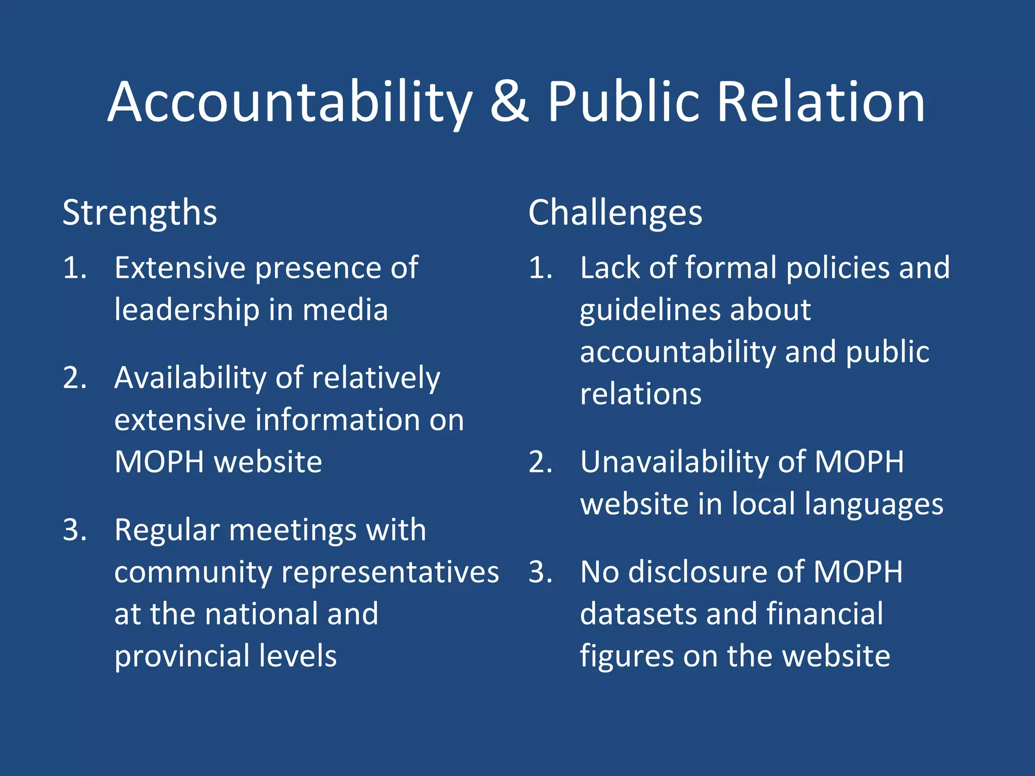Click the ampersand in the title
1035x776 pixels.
point(509,102)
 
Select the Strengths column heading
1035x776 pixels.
point(139,213)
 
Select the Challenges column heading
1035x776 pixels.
point(615,213)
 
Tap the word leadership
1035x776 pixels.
point(186,310)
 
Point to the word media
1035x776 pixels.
point(345,310)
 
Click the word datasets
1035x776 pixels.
point(638,614)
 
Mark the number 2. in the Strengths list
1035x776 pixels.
point(75,378)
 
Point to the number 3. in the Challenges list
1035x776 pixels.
point(540,572)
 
